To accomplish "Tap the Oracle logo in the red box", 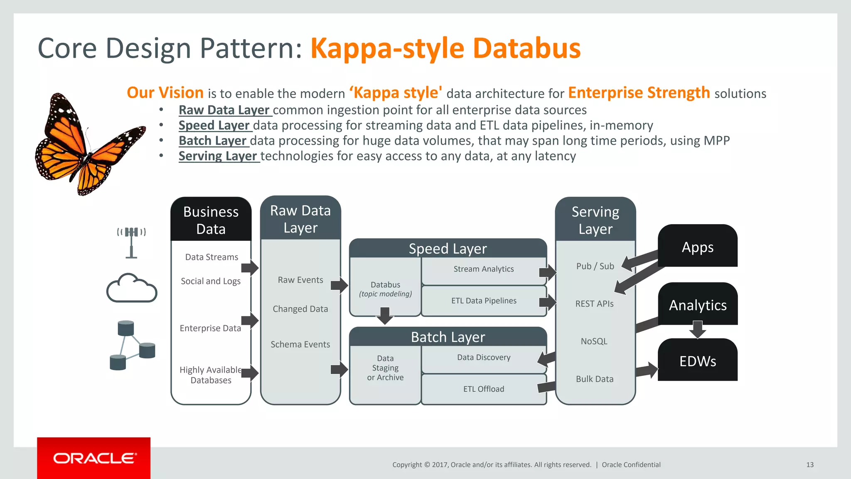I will pos(94,458).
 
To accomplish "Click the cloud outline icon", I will pos(132,288).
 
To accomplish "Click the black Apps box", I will pos(697,247).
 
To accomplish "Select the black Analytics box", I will pos(697,305).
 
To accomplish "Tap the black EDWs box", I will pos(697,361).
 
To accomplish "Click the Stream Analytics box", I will pos(483,269).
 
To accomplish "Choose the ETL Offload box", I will pos(483,389).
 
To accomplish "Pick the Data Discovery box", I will pos(483,358).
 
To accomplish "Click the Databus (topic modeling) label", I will pos(385,289).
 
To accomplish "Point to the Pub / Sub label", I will pos(595,266).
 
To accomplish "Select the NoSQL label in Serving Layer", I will pos(594,341).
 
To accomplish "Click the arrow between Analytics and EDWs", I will pos(698,329).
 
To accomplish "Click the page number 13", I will pos(809,465).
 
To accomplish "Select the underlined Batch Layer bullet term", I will pos(213,141).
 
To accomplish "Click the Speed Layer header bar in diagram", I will pos(448,249).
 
